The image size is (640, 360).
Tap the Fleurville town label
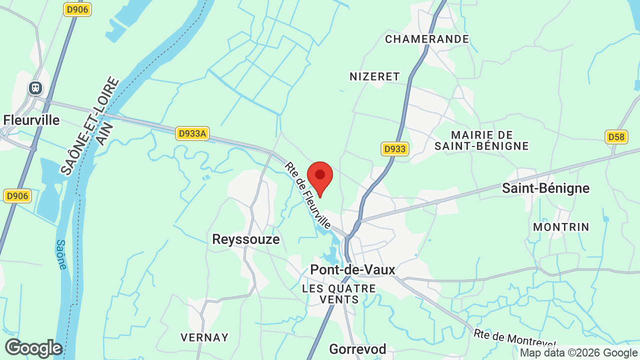point(31,120)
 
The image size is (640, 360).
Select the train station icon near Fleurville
point(35,88)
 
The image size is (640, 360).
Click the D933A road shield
point(192,133)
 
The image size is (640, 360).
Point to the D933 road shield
point(395,149)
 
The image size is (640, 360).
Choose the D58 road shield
point(616,137)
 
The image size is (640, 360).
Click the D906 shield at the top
point(78,9)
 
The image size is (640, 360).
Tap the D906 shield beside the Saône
point(17,196)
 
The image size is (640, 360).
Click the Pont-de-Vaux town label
point(352,269)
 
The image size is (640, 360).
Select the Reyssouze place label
point(246,239)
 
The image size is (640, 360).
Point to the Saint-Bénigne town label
point(546,188)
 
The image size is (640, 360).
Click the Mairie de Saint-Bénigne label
point(482,140)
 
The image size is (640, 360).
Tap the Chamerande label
point(427,39)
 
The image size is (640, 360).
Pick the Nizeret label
point(375,76)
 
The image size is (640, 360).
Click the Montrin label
point(561,227)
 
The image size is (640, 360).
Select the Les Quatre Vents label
point(339,294)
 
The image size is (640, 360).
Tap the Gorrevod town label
point(357,348)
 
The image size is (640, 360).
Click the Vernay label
point(204,337)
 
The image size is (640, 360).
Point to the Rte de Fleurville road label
point(308,195)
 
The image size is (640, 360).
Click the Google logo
point(33,348)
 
